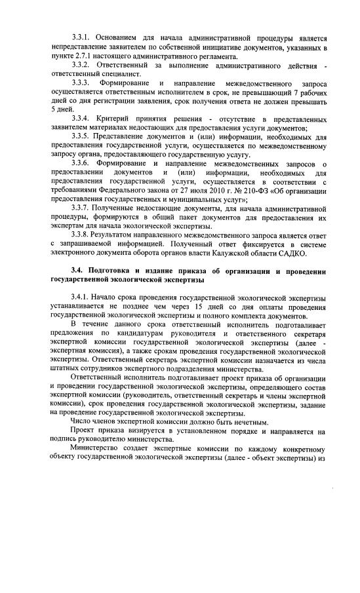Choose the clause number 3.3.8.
point(84,234)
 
